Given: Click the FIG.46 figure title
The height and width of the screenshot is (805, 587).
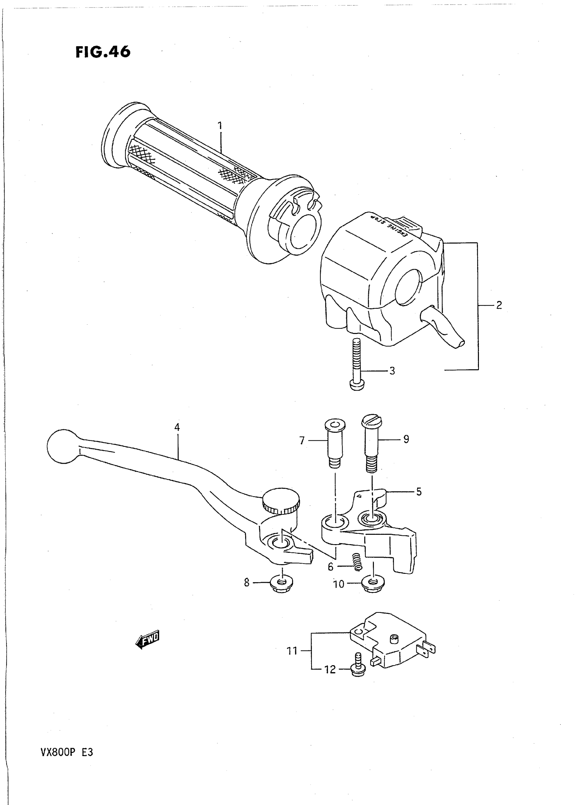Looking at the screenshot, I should coord(103,52).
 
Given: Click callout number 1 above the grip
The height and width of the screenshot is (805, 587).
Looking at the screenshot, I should coord(220,125).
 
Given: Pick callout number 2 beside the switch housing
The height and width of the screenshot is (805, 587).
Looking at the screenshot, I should coord(499,305).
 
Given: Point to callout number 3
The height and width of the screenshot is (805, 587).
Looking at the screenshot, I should coord(392,371).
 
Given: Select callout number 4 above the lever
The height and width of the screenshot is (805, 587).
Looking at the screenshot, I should coord(177,427).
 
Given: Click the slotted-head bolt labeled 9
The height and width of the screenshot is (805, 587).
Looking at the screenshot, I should coord(371,444).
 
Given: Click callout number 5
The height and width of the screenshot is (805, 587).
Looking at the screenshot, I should coord(419,492).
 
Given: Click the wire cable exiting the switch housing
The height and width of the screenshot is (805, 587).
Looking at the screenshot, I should coord(444,327).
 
